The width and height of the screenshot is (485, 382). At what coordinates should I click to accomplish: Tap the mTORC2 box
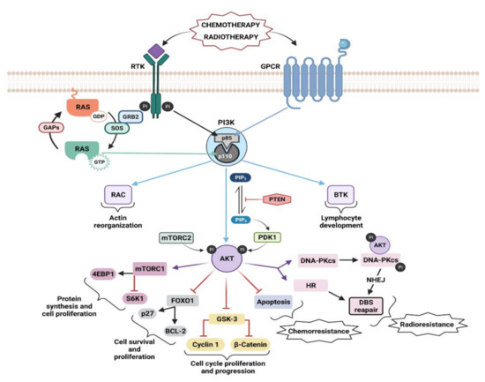(180, 236)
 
